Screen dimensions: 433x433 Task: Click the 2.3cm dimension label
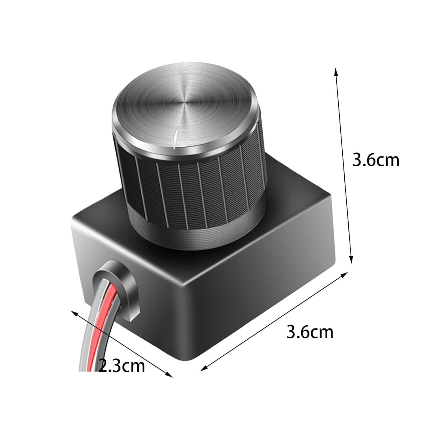(122, 366)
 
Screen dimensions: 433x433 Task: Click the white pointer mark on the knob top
(175, 139)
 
